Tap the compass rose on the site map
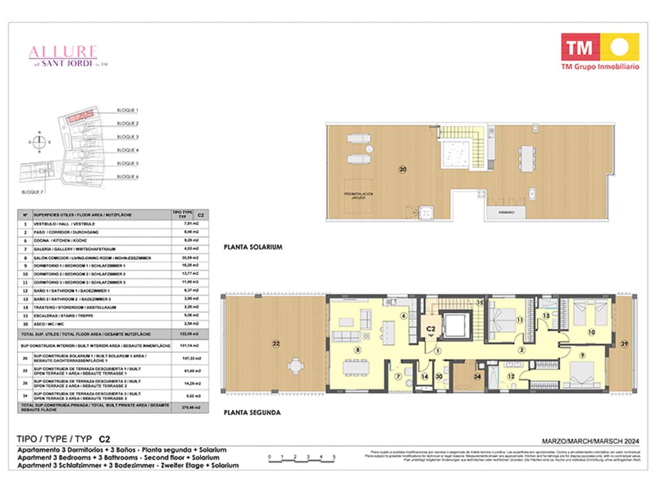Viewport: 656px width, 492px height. [x=39, y=142]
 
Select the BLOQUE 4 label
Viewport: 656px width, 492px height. [x=128, y=150]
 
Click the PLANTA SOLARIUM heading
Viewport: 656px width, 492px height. [x=253, y=247]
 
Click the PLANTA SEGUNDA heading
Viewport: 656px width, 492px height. [x=252, y=412]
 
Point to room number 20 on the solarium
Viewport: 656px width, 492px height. [x=403, y=169]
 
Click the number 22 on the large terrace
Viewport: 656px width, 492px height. [x=276, y=344]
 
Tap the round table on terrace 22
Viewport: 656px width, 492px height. [x=295, y=365]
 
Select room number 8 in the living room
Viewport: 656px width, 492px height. [x=358, y=350]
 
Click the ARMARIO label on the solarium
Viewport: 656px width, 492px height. [x=506, y=212]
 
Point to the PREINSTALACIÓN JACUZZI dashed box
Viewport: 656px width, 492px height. [x=358, y=196]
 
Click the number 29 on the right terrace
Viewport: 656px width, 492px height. [x=624, y=344]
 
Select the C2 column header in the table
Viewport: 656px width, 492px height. [x=200, y=215]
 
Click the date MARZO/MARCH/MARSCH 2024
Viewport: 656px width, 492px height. [x=590, y=442]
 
